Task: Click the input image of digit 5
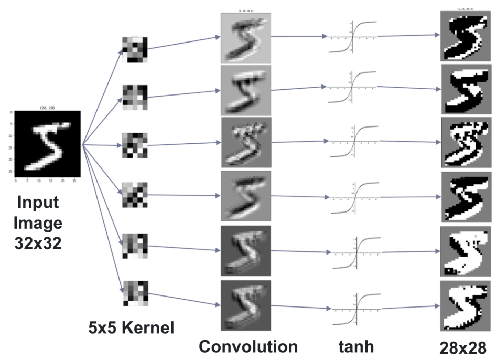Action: coord(47,143)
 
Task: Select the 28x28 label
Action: coord(464,347)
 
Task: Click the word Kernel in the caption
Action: coord(148,329)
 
